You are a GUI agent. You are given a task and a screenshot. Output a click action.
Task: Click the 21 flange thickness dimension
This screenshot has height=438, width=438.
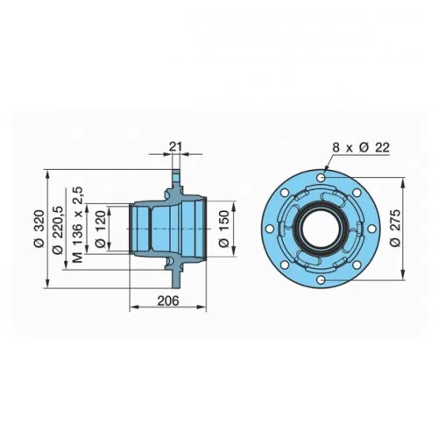[175, 146]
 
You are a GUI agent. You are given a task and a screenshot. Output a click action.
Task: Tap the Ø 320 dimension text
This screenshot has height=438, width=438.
[39, 229]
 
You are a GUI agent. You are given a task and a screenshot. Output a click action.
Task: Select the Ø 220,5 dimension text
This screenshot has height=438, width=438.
[58, 230]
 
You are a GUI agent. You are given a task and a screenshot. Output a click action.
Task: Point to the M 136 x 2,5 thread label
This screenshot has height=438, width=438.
[78, 224]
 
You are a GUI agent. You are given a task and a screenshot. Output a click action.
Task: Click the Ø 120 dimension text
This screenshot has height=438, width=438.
[101, 229]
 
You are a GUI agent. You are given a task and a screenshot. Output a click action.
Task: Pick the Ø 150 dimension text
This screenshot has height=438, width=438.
[224, 229]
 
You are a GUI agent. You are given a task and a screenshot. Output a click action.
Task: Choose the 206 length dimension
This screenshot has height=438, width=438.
[168, 300]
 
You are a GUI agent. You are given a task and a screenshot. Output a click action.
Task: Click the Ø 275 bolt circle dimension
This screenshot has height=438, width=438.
[396, 229]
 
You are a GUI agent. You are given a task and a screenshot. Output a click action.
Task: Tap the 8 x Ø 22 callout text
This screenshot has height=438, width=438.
[361, 148]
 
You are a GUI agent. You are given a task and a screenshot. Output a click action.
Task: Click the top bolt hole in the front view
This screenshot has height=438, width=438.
[321, 177]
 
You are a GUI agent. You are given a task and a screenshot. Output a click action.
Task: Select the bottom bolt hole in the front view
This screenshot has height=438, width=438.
[321, 280]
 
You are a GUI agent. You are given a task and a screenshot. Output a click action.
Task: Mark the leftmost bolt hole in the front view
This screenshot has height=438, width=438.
[270, 229]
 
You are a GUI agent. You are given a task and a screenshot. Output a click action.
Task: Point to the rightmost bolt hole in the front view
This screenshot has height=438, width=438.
[371, 229]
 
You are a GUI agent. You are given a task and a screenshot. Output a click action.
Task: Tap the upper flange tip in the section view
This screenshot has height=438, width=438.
[176, 173]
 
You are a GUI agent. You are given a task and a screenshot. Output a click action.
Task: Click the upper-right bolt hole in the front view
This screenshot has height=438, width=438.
[357, 193]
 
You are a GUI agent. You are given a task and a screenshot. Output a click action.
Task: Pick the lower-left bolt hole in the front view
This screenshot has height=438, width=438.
[285, 265]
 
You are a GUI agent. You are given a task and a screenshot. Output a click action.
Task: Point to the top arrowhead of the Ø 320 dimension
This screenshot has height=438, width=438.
[48, 173]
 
